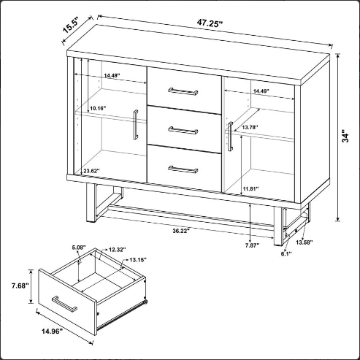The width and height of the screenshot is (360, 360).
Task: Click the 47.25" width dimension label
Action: (210, 23)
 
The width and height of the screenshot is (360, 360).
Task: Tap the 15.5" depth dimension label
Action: (71, 26)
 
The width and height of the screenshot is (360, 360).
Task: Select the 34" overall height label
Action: (345, 137)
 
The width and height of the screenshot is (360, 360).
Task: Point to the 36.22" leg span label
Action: (181, 231)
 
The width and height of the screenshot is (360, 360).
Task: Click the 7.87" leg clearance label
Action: (252, 245)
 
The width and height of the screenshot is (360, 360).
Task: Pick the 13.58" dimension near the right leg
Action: (305, 242)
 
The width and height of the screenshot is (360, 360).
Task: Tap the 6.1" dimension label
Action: (286, 254)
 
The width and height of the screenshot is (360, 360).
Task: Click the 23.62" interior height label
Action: (92, 171)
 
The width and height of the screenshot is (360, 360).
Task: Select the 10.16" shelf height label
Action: (98, 108)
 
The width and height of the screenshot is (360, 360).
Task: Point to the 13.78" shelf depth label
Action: (250, 127)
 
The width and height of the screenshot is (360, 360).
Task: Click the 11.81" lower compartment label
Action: (250, 188)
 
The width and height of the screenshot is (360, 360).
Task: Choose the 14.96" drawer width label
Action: (53, 331)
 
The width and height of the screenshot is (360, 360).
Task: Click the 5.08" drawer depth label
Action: (79, 248)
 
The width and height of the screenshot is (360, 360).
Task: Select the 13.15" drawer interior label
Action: (138, 260)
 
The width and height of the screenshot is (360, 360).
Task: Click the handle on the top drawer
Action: (183, 91)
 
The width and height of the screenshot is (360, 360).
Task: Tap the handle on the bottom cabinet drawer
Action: (183, 169)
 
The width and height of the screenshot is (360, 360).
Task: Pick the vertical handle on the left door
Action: (136, 124)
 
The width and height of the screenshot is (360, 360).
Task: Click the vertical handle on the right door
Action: (230, 137)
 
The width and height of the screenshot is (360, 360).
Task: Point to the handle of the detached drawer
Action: (64, 304)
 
